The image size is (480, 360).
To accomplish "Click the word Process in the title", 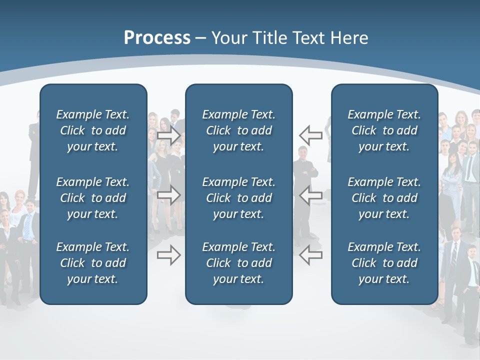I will pyautogui.click(x=157, y=38).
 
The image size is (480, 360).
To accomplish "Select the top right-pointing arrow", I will pyautogui.click(x=169, y=135).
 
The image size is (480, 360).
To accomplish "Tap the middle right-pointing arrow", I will pyautogui.click(x=169, y=195).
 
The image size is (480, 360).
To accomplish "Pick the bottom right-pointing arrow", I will pyautogui.click(x=169, y=255).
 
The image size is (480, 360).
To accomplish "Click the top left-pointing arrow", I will pyautogui.click(x=310, y=135).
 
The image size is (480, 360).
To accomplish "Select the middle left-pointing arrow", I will pyautogui.click(x=310, y=195).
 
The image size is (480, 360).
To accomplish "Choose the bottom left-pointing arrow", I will pyautogui.click(x=310, y=255).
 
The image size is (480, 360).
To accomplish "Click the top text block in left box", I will pyautogui.click(x=93, y=130).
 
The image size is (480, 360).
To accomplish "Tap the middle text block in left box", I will pyautogui.click(x=93, y=198).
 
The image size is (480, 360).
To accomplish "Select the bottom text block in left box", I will pyautogui.click(x=93, y=263).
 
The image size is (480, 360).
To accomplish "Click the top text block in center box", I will pyautogui.click(x=238, y=130).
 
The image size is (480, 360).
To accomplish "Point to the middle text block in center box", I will pyautogui.click(x=238, y=198).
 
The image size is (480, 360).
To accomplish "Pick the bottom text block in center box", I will pyautogui.click(x=238, y=263).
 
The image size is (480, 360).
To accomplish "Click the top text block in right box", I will pyautogui.click(x=384, y=130).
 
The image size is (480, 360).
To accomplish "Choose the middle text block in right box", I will pyautogui.click(x=384, y=198).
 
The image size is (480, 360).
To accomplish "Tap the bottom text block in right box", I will pyautogui.click(x=384, y=263).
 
